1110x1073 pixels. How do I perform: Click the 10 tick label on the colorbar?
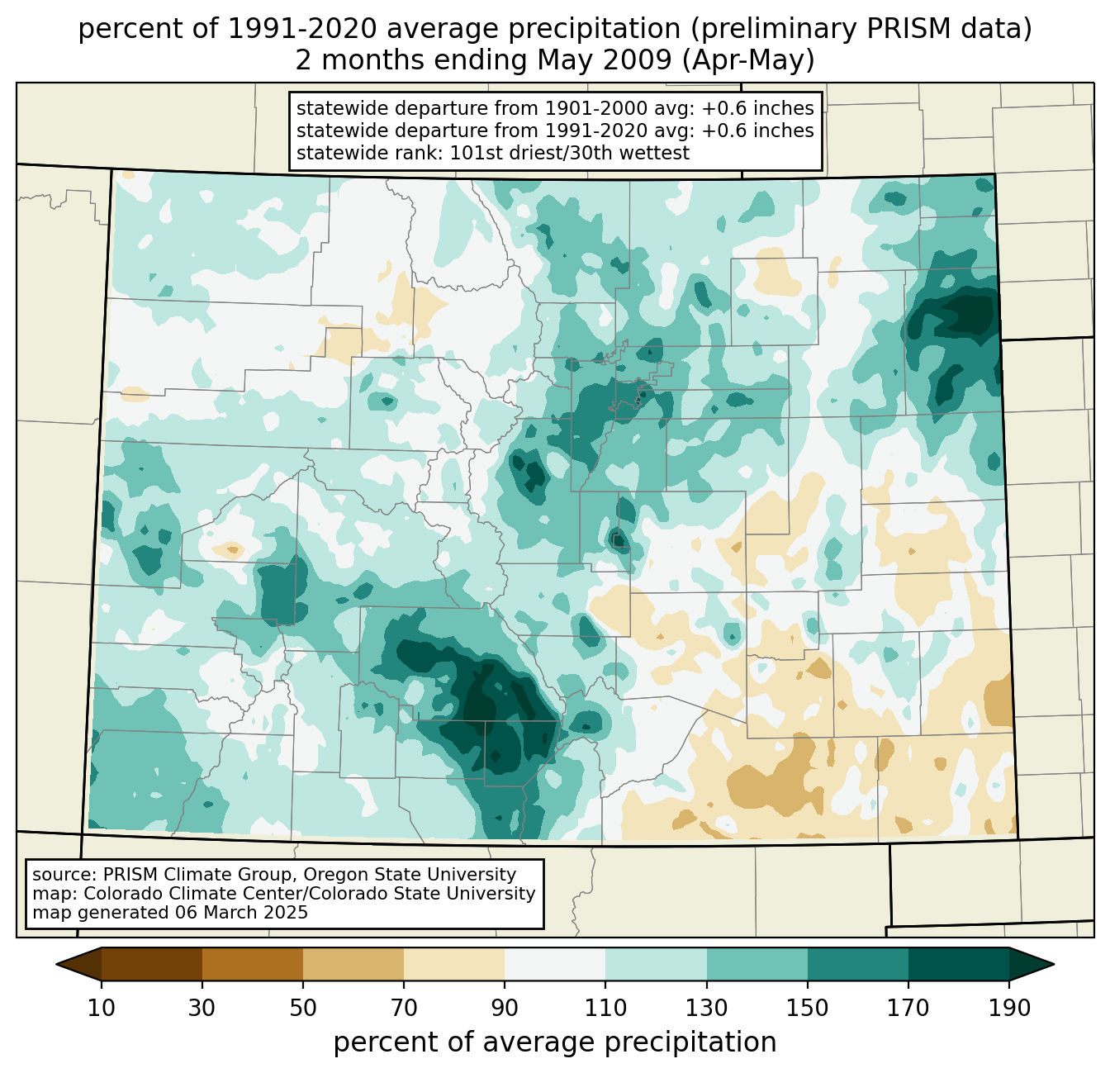[x=102, y=1009]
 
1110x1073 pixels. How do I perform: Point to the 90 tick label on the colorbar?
[x=505, y=1009]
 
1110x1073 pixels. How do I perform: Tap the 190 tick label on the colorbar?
[x=1008, y=1009]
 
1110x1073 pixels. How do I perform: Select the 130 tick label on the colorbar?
[x=707, y=1009]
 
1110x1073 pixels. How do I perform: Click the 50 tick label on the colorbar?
[x=303, y=1009]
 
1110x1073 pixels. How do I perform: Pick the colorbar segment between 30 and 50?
[x=253, y=964]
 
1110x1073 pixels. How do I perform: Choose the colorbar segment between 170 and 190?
[x=958, y=964]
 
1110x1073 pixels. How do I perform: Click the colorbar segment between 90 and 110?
[x=555, y=964]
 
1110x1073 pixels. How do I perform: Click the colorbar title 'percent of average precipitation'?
[x=555, y=1042]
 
